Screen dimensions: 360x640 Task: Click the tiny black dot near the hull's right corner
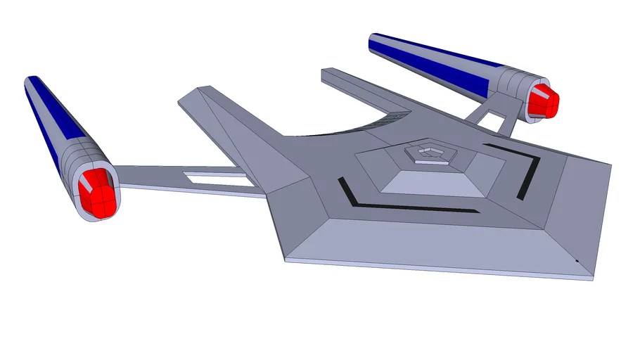point(577,261)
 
